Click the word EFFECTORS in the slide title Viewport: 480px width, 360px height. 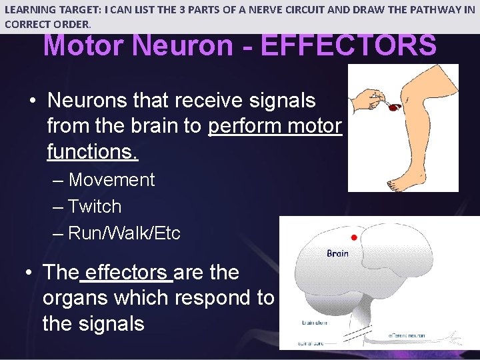point(349,45)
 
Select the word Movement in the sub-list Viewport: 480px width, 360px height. point(111,180)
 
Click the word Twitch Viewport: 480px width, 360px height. point(95,207)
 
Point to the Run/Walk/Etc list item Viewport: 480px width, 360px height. point(124,233)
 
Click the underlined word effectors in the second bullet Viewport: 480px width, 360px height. point(126,272)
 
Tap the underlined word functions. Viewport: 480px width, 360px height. point(92,151)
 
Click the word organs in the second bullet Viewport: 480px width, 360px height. point(75,298)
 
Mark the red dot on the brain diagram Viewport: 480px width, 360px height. point(354,237)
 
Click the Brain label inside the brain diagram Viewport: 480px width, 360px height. point(337,253)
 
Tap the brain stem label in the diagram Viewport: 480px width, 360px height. point(314,323)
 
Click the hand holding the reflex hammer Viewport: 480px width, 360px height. point(364,99)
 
